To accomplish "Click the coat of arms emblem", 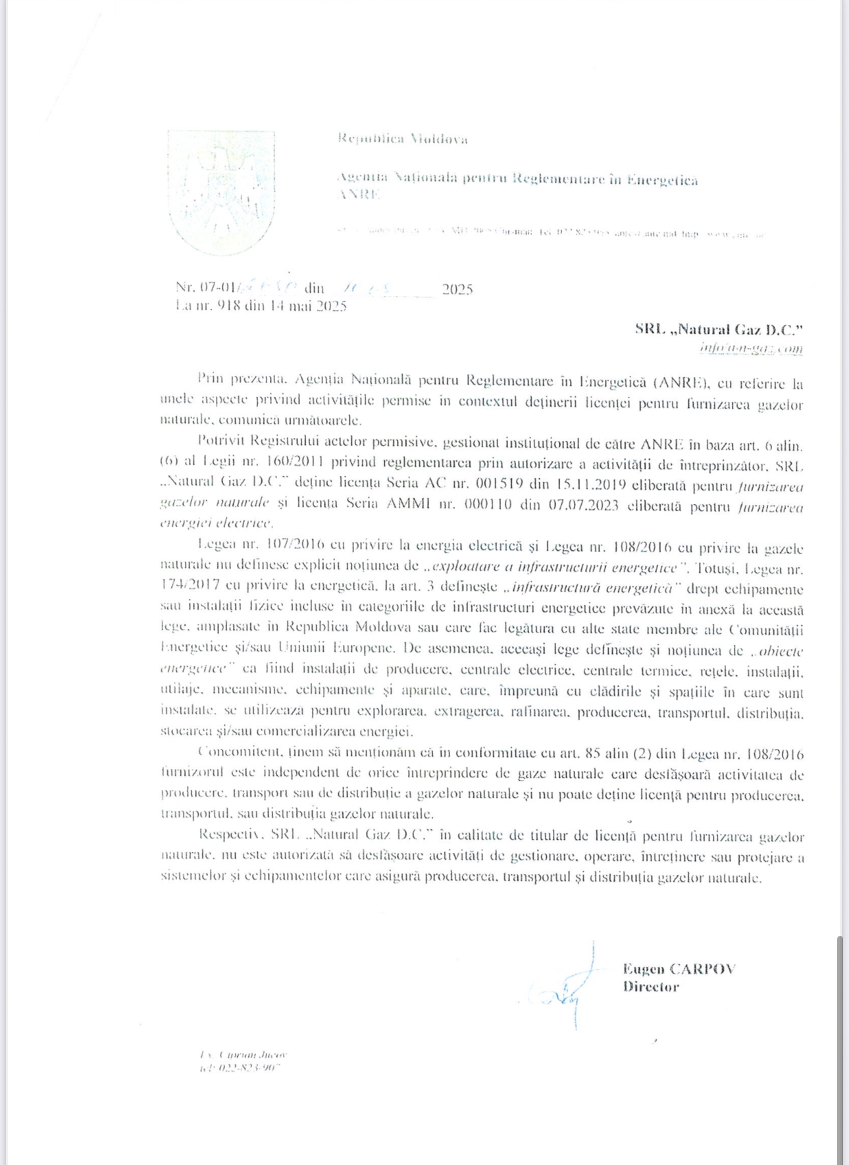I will [221, 192].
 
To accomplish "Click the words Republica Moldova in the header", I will [402, 139].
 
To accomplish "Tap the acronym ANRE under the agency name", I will [358, 195].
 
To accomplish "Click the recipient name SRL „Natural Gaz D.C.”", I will [719, 329].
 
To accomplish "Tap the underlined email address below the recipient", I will [751, 348].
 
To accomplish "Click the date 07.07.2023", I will [586, 506].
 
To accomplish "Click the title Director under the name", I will [650, 987].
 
